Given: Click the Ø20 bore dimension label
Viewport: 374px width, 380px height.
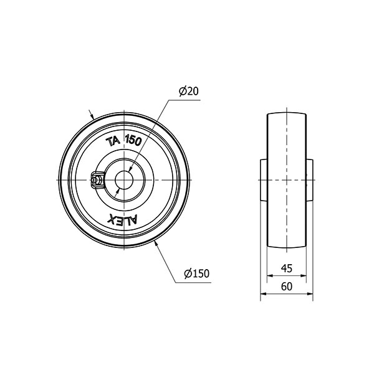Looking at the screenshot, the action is pos(189,91).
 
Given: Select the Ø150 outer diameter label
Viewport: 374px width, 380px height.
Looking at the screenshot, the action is pos(196,273).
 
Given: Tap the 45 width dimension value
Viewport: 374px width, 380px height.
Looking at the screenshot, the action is pos(287,268).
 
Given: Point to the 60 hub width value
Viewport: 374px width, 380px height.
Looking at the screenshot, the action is pos(287,287).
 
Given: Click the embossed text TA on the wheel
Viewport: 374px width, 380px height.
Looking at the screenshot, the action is pos(113,142).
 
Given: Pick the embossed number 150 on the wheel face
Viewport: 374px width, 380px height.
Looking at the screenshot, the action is pos(133,140).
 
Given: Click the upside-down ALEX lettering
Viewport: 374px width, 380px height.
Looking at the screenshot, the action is pos(123,219).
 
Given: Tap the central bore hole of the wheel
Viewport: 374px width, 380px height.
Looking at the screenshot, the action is pos(124,180).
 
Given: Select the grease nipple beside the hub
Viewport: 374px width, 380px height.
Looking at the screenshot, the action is pos(97,180).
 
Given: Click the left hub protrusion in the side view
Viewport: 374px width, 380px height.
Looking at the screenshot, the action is pos(264,180).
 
